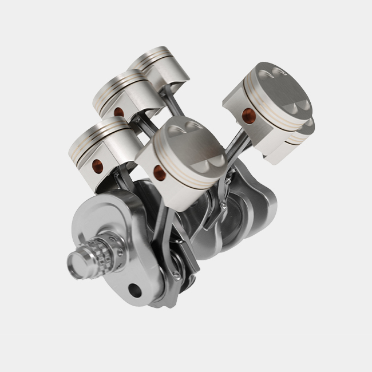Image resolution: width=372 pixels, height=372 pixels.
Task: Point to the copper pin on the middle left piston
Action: [x=118, y=112]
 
